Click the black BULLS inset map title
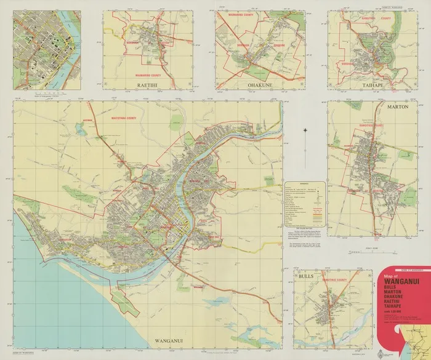point(305,276)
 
